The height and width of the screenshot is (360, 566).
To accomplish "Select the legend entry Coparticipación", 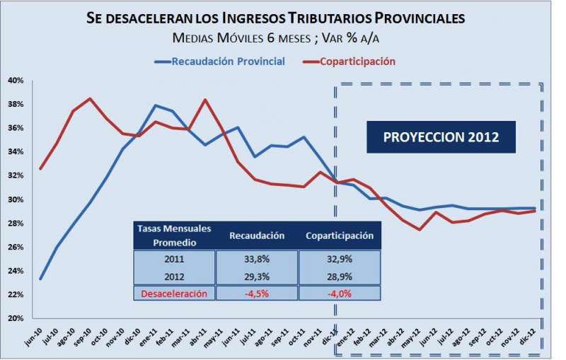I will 357,62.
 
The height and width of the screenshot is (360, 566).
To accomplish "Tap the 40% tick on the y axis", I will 16,81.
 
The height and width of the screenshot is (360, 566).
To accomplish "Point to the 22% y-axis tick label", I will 16,295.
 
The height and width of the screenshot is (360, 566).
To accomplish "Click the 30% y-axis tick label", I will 16,199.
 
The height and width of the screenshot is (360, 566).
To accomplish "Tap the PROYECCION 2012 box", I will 440,137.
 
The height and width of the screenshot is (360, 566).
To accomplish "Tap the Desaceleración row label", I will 174,293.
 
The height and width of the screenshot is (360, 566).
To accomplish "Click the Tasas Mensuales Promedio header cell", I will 174,235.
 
